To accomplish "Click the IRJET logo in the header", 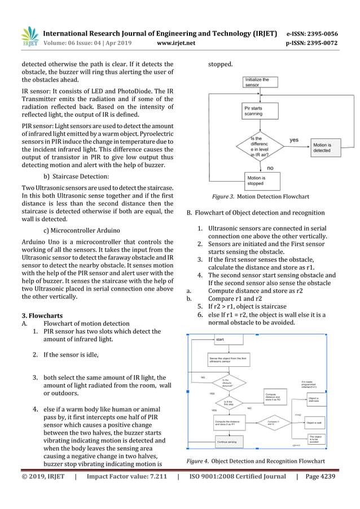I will click(30, 36).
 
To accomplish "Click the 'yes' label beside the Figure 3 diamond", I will click(294, 139).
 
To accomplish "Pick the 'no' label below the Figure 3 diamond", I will click(269, 168).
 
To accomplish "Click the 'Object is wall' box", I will click(315, 422).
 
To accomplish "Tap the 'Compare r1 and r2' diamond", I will click(274, 422).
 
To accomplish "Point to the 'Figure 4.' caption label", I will click(197, 462).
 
